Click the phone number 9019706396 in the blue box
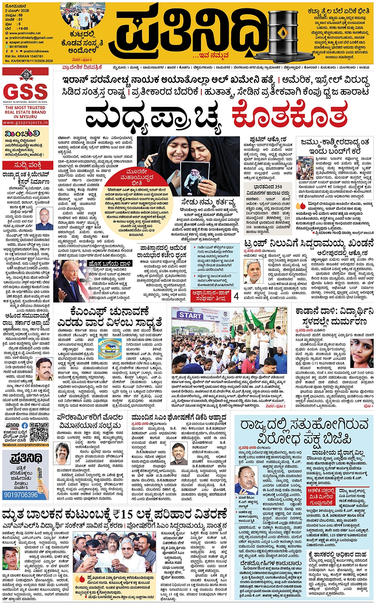coord(21,495)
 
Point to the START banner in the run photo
coord(190,316)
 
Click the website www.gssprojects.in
coord(26,123)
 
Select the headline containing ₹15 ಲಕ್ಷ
coord(115,514)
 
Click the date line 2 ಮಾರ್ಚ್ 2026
coord(17,11)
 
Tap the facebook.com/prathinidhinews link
coord(26,445)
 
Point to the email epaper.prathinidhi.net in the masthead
coord(26,42)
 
